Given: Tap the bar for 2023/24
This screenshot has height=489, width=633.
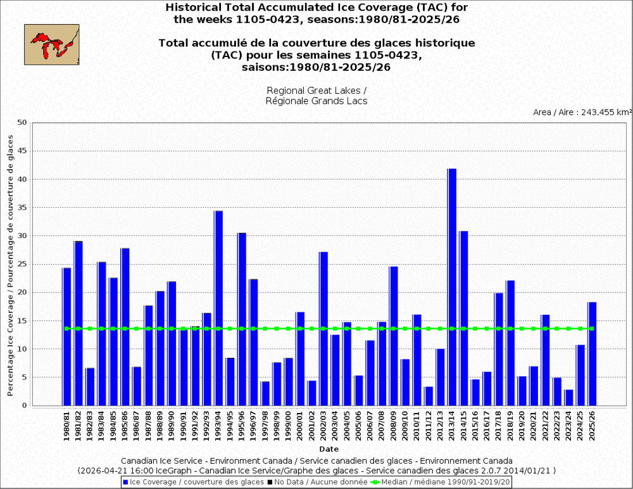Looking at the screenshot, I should [569, 397].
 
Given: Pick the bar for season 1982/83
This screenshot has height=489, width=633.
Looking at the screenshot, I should [90, 386].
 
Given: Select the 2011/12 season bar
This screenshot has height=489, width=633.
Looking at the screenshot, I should [429, 396].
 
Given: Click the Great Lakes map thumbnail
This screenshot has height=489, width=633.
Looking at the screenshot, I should [52, 44].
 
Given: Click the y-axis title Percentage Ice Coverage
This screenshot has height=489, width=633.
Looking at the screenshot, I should [10, 266].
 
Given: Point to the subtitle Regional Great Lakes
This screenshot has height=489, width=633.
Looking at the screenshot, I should [316, 90].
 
